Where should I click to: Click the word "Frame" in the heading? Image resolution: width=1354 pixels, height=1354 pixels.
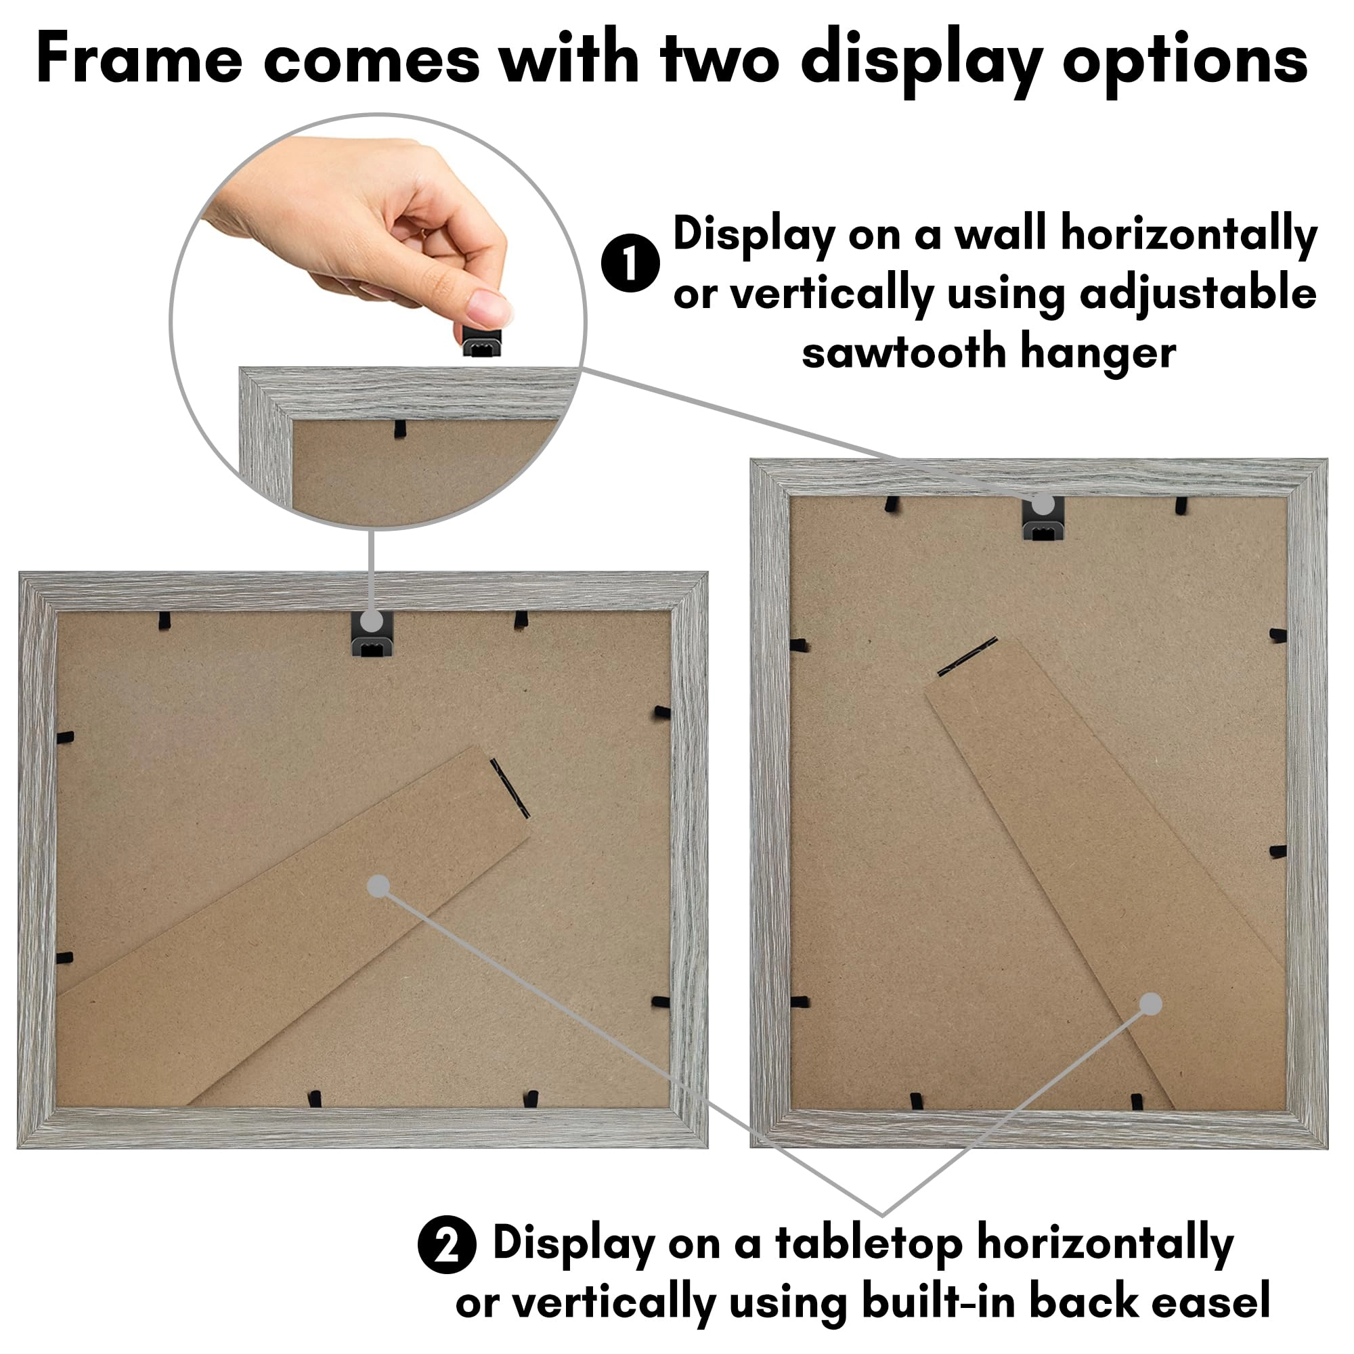click(139, 59)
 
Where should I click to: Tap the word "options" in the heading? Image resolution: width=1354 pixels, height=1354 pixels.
click(1184, 59)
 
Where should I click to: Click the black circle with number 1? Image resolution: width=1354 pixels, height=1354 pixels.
click(630, 263)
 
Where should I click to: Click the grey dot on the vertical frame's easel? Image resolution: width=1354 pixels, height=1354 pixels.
click(1151, 1004)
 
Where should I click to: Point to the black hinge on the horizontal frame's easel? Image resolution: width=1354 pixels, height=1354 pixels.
click(510, 789)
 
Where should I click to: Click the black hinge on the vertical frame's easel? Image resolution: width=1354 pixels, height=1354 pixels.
click(967, 657)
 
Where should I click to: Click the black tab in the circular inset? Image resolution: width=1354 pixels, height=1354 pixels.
click(399, 429)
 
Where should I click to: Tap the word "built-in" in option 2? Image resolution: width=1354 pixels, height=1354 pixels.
click(939, 1302)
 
